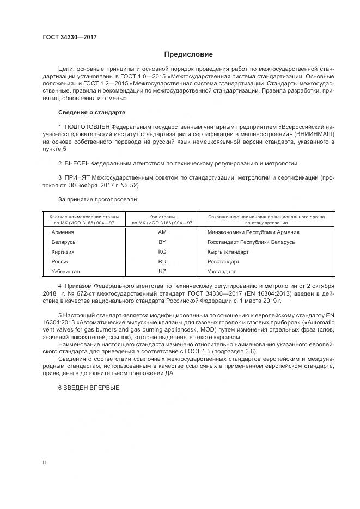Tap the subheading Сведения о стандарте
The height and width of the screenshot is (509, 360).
point(91,112)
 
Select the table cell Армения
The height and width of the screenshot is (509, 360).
point(63,232)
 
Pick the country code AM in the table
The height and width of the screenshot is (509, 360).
point(162,232)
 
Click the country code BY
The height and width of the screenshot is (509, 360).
point(162,242)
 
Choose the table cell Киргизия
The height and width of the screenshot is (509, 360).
point(63,252)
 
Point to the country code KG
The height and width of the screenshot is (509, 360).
point(162,252)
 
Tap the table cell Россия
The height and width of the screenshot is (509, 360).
point(60,262)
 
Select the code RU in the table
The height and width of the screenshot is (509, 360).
point(162,262)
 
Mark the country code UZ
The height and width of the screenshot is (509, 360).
point(162,271)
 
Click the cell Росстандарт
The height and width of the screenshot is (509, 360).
point(223,262)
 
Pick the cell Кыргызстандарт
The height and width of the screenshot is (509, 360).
point(228,252)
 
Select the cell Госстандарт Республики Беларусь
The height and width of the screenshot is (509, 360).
point(251,242)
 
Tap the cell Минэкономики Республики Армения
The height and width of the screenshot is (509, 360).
point(253,232)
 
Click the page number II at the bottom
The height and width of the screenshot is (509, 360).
point(45,462)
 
